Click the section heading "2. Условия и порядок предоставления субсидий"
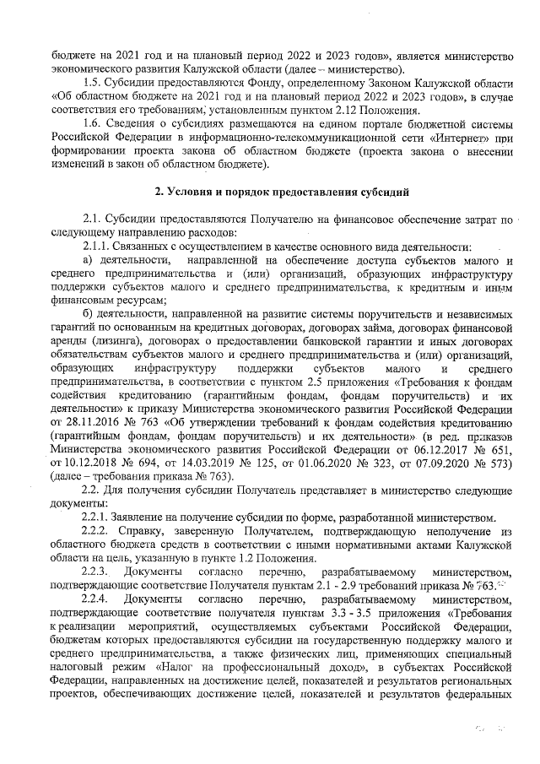[x=269, y=192]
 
